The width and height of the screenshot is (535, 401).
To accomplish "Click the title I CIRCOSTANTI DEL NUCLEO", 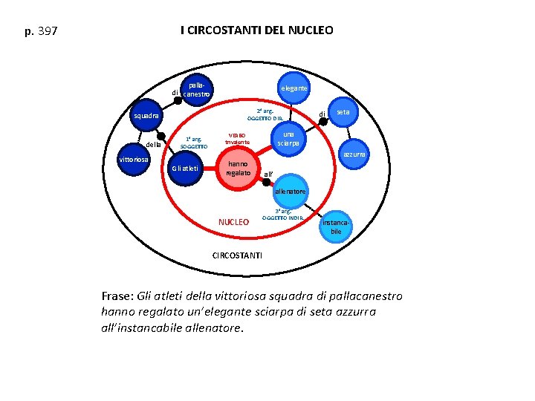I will [x=256, y=30].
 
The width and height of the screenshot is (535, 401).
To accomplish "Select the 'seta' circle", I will [x=343, y=111].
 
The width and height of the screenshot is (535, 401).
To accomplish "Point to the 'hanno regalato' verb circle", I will [x=239, y=169].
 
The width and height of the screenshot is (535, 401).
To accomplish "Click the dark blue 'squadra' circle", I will [x=144, y=117].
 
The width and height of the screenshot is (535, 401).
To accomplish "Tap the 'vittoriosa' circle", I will [x=134, y=160].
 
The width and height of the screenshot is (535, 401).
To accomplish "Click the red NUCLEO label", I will [x=233, y=222].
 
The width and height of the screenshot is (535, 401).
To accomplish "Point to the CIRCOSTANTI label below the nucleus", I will [x=237, y=255].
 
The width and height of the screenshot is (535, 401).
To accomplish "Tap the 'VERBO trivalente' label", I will [x=238, y=139].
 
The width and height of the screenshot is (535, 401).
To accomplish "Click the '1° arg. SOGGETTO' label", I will [x=192, y=143].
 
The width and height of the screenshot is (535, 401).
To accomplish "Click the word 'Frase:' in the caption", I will [x=117, y=296].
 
